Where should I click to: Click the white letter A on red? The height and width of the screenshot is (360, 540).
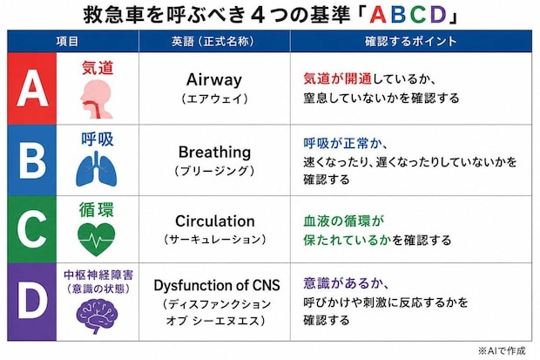[x=32, y=88]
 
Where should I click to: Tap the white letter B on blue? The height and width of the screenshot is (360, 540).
[x=32, y=160]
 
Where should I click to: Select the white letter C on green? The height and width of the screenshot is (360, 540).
[x=32, y=229]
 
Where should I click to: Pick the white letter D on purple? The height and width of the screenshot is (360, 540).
[x=32, y=302]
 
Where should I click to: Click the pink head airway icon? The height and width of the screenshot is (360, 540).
[x=96, y=99]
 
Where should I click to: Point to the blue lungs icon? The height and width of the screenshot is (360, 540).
[x=97, y=169]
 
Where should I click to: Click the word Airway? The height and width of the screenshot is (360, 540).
[x=214, y=80]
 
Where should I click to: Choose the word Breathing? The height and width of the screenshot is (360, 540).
[x=214, y=152]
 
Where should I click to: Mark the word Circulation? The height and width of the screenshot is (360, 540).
[x=215, y=221]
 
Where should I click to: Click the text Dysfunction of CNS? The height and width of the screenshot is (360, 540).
[x=217, y=286]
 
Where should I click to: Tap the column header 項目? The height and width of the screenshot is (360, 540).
[x=68, y=41]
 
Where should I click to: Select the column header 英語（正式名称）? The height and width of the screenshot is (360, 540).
[x=213, y=41]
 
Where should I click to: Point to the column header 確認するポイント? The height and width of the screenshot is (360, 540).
[x=410, y=41]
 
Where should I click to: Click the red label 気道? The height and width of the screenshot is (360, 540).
[x=98, y=68]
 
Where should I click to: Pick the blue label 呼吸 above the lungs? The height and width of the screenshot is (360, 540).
[x=98, y=139]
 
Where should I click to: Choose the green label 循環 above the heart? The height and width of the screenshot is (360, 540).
[x=97, y=210]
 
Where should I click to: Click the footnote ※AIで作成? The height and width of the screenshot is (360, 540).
[x=502, y=350]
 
